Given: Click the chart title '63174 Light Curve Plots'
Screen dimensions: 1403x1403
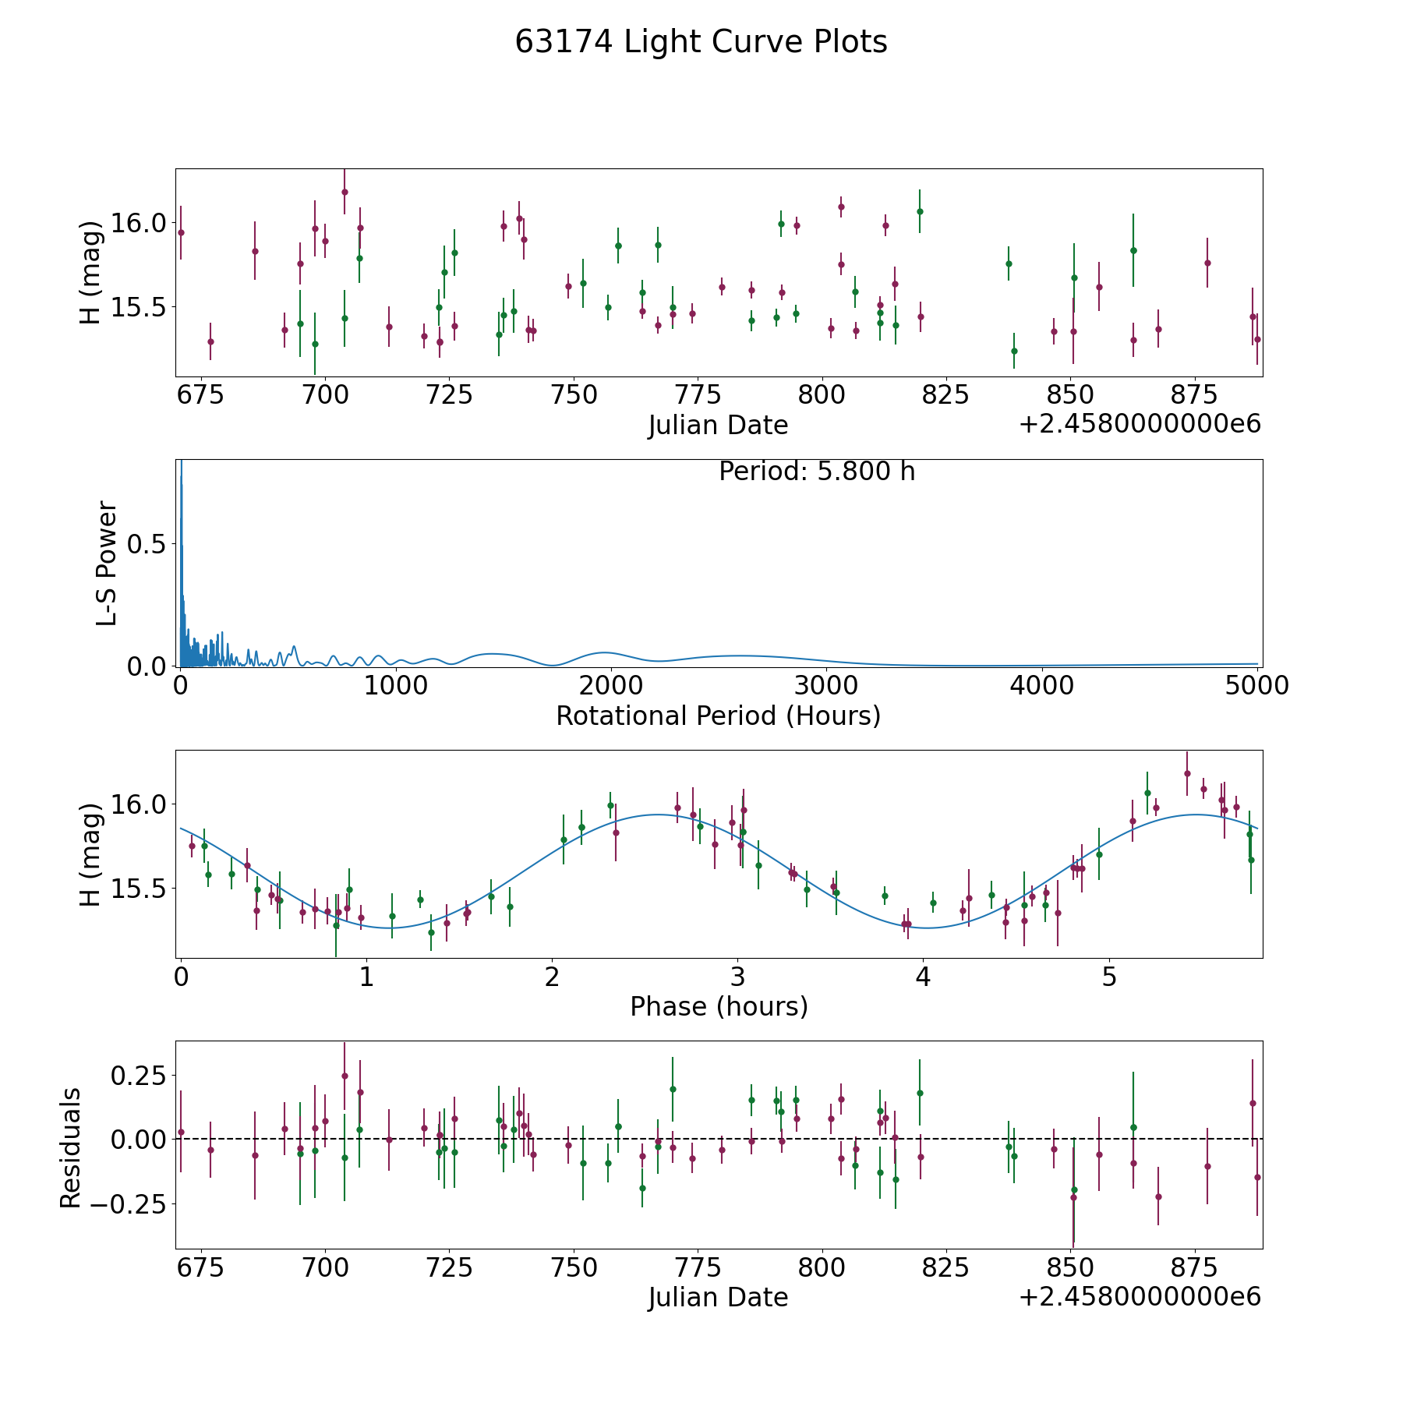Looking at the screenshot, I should [x=701, y=42].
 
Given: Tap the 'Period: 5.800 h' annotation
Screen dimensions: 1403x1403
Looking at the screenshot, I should [x=816, y=472].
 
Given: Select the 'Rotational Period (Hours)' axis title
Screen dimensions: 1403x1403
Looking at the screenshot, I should [x=718, y=716].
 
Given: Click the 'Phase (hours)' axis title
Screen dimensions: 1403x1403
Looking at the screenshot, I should [x=719, y=1006].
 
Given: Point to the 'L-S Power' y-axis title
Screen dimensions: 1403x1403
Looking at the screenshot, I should [x=107, y=564].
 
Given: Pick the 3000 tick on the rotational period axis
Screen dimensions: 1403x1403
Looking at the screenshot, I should [x=826, y=685].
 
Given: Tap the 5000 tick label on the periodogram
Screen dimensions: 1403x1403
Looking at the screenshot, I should [x=1256, y=685].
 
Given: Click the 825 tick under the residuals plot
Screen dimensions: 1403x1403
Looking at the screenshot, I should [x=945, y=1268].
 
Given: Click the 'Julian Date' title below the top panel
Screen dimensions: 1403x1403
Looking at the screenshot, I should [x=718, y=426].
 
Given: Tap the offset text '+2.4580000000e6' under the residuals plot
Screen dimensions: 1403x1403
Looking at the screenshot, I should [x=1140, y=1297].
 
